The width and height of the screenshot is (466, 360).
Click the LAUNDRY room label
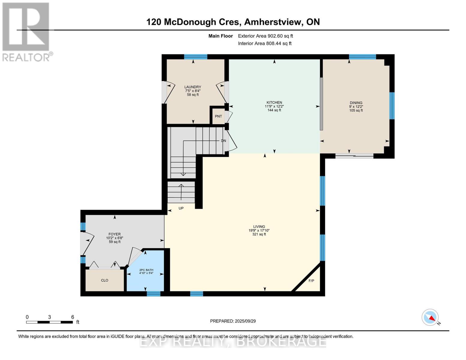pyautogui.click(x=193, y=87)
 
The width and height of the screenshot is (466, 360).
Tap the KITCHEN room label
pyautogui.click(x=274, y=103)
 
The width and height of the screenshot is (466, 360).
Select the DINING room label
pyautogui.click(x=356, y=103)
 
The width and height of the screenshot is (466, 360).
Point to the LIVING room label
pyautogui.click(x=259, y=226)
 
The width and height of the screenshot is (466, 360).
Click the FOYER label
pyautogui.click(x=115, y=234)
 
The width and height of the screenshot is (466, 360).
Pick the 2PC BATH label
pyautogui.click(x=146, y=270)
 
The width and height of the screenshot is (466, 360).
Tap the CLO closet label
pyautogui.click(x=105, y=280)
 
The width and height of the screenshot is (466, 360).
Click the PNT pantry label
pyautogui.click(x=218, y=116)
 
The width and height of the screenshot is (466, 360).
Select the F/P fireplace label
pyautogui.click(x=311, y=281)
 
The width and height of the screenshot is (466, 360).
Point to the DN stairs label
pyautogui.click(x=224, y=141)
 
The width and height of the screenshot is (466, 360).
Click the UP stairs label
pyautogui.click(x=181, y=208)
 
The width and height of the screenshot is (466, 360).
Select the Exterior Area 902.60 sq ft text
pyautogui.click(x=266, y=36)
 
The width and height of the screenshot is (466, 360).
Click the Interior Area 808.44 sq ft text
pyautogui.click(x=265, y=43)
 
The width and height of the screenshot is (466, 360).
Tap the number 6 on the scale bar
pyautogui.click(x=73, y=317)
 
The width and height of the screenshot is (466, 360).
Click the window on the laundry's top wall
pyautogui.click(x=196, y=57)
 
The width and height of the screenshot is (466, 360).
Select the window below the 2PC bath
pyautogui.click(x=154, y=293)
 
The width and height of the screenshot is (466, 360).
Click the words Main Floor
pyautogui.click(x=221, y=36)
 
